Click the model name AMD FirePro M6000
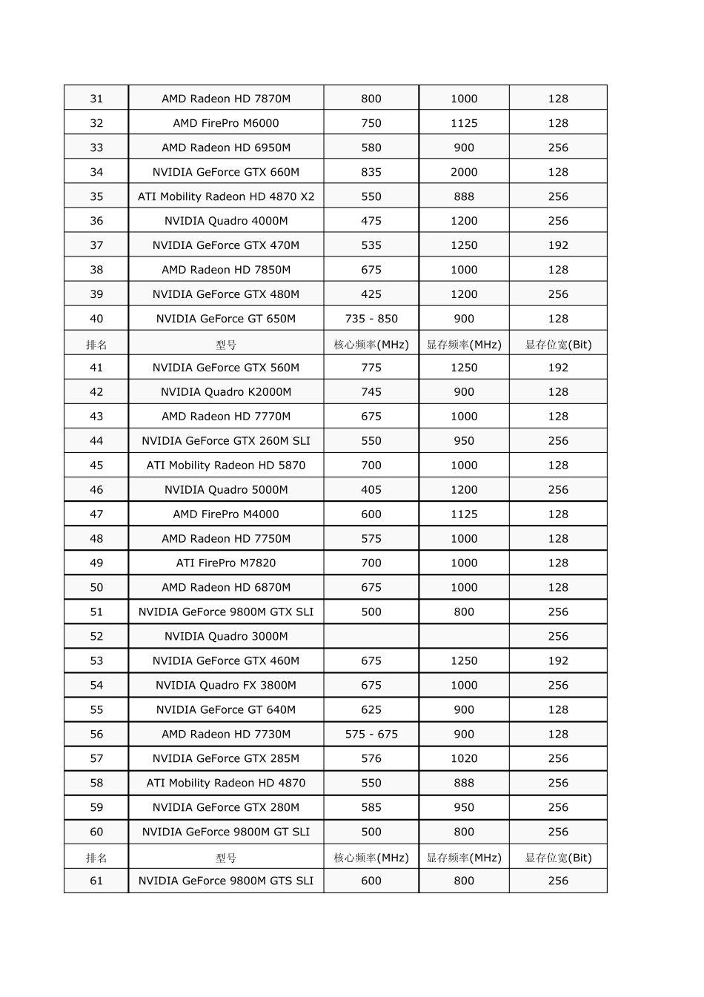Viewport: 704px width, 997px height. (226, 123)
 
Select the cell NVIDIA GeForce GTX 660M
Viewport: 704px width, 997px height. (226, 172)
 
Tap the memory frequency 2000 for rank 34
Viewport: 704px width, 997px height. (464, 172)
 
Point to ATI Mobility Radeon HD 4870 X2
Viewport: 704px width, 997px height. (226, 196)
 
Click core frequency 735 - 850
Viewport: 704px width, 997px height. (371, 319)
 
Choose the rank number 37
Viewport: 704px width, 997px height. (96, 245)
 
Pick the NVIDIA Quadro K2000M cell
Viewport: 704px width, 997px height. (226, 392)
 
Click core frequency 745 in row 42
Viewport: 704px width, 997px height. (371, 392)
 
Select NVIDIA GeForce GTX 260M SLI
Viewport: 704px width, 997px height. (226, 441)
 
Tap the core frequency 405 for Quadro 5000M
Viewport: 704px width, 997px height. (371, 490)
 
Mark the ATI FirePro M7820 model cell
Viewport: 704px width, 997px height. (226, 563)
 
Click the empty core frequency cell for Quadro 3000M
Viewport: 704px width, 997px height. (371, 637)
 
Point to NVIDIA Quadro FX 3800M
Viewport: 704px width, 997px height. (226, 686)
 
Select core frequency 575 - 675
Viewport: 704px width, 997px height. (371, 735)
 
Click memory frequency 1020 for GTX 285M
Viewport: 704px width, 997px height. (464, 759)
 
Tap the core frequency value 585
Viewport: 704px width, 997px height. (371, 808)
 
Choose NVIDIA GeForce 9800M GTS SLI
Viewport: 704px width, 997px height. (226, 881)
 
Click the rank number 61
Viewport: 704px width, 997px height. (96, 881)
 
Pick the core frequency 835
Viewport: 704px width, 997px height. (371, 172)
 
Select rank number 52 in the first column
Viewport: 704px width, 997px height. (96, 637)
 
